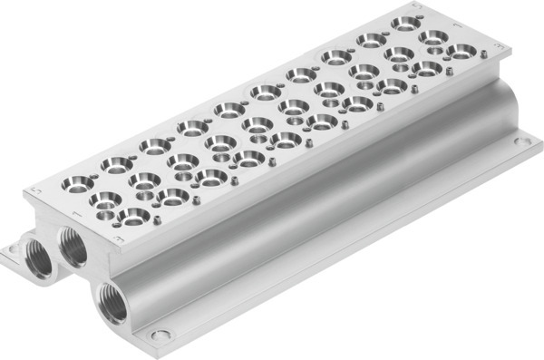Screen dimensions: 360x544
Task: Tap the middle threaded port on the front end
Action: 71,245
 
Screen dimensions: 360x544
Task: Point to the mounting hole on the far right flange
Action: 520,141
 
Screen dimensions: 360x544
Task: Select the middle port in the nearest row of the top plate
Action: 105,201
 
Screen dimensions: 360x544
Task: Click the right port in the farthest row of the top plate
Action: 461,51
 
